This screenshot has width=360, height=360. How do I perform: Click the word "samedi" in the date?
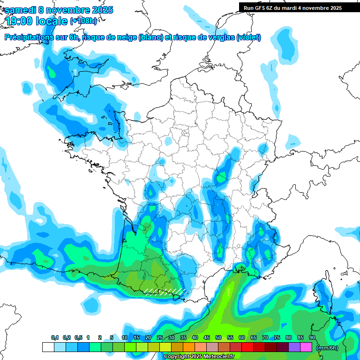[20, 10]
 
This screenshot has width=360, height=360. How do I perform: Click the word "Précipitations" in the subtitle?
[29, 37]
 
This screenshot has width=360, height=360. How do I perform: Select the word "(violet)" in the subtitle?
[249, 37]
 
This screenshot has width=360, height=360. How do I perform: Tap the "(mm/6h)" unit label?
[328, 347]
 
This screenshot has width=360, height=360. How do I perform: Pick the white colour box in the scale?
[48, 347]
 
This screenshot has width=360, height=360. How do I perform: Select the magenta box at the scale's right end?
[306, 347]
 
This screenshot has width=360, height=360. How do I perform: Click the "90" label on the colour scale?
[312, 337]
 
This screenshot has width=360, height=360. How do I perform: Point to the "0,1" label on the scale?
[55, 337]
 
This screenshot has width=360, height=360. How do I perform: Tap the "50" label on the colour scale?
[218, 337]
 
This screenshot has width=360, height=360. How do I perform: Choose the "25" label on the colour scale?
[160, 337]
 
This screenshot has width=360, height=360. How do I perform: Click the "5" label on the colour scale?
[112, 337]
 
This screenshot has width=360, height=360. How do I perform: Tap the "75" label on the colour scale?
[277, 337]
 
